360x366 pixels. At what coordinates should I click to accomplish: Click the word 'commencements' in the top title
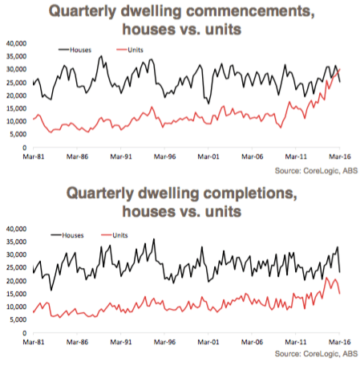[248, 11]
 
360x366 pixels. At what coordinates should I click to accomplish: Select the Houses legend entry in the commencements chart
[75, 50]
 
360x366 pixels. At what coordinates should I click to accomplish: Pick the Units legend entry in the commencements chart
[130, 50]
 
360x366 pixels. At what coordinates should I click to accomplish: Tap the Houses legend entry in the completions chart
[67, 235]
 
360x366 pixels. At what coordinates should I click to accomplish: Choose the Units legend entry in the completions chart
[115, 235]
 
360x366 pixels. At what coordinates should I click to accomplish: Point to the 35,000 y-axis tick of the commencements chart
[17, 56]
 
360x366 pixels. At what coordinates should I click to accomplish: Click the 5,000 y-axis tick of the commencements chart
[18, 134]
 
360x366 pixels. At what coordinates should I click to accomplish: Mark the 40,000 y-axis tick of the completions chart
[17, 229]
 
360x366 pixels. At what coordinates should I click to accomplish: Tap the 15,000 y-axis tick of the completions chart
[17, 294]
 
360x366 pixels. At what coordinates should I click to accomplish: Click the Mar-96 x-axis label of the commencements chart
[164, 157]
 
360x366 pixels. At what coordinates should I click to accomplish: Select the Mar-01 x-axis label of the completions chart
[208, 342]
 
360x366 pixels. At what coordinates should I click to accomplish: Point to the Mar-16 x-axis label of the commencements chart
[339, 157]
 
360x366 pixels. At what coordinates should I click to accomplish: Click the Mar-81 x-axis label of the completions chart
[34, 342]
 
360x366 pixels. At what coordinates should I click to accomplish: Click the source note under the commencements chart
[316, 171]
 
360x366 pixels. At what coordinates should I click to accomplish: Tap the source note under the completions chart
[316, 354]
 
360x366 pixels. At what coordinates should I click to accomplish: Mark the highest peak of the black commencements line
[101, 56]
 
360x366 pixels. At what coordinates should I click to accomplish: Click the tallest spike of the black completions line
[154, 239]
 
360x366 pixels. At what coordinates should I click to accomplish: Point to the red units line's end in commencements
[340, 69]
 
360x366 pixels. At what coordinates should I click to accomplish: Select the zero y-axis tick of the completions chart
[25, 333]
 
